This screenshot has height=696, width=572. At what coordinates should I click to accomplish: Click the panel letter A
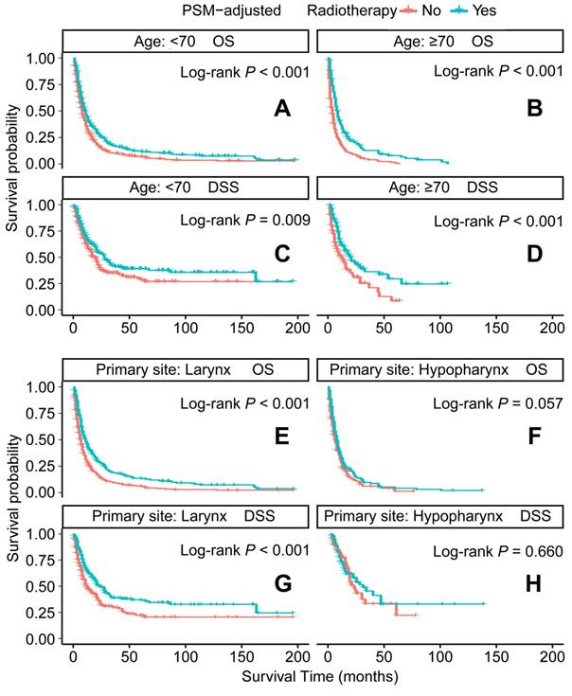point(281,110)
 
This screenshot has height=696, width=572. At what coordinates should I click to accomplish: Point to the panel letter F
point(535,439)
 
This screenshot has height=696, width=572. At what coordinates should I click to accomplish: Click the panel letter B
point(535,110)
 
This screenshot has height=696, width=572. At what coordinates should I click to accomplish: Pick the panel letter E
point(281,439)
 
